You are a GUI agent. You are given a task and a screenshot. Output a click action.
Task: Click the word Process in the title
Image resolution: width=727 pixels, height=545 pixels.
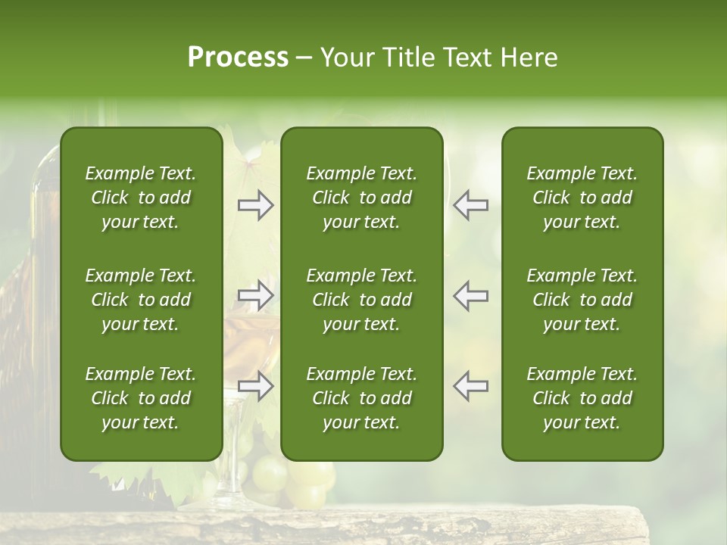(x=238, y=58)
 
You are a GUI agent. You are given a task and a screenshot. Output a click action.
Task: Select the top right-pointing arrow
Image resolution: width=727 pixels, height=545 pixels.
(x=256, y=205)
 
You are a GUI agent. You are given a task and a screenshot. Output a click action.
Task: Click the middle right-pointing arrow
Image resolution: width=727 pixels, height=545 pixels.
(x=256, y=295)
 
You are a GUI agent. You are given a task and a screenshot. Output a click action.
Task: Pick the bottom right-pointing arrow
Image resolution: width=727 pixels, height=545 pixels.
(x=256, y=386)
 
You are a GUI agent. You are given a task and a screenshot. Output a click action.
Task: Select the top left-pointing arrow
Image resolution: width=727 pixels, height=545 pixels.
(x=471, y=205)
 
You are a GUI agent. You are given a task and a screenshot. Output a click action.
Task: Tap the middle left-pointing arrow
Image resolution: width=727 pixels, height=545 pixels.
(x=471, y=295)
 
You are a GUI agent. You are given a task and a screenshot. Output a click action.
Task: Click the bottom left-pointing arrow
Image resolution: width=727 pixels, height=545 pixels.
(x=471, y=386)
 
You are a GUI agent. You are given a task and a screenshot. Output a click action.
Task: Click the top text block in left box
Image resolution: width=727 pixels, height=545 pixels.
(x=141, y=198)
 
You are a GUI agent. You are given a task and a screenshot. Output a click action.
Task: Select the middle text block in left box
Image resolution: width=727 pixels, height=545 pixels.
(x=141, y=300)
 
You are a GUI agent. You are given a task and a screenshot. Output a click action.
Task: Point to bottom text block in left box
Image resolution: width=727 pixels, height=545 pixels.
(x=141, y=398)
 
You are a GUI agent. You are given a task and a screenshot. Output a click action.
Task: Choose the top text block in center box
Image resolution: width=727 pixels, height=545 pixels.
(x=361, y=198)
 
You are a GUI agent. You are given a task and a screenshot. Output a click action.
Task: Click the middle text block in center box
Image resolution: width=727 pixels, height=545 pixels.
(x=361, y=300)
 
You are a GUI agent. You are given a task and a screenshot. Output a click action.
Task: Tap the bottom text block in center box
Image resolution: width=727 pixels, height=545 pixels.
(x=361, y=398)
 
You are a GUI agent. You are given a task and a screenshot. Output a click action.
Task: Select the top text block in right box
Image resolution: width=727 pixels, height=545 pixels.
(x=582, y=198)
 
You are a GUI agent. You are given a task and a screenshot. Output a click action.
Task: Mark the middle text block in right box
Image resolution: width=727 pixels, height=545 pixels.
(x=582, y=300)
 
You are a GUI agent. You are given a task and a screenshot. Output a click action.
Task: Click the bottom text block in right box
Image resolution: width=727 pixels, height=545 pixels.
(x=582, y=398)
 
